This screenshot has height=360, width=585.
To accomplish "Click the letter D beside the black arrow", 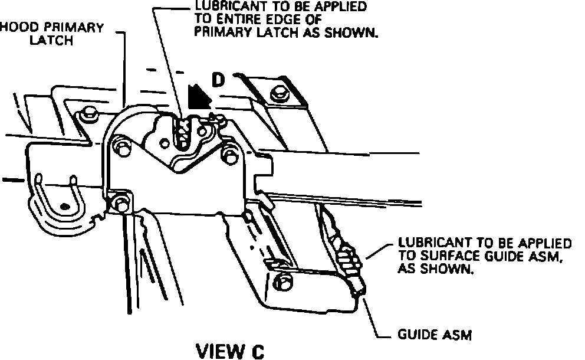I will click(219, 81).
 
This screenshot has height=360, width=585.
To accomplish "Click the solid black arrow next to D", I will click(196, 96).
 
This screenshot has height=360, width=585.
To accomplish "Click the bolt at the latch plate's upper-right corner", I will click(228, 154).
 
